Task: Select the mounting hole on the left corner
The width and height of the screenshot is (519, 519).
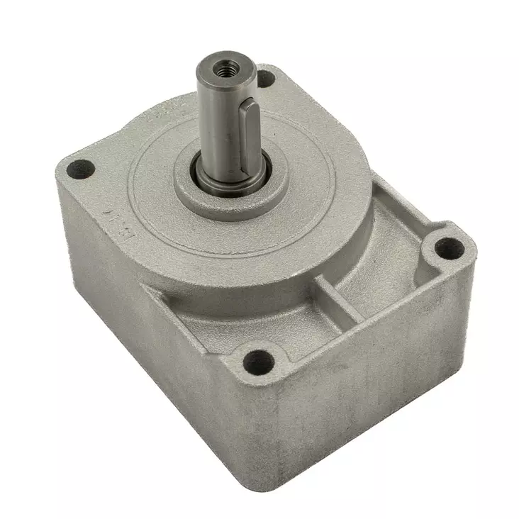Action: point(81,169)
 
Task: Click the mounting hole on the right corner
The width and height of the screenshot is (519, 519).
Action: point(450,247)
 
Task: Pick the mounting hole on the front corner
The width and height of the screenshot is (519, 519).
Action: point(259,362)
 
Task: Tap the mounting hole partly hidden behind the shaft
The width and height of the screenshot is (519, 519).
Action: point(265,79)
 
